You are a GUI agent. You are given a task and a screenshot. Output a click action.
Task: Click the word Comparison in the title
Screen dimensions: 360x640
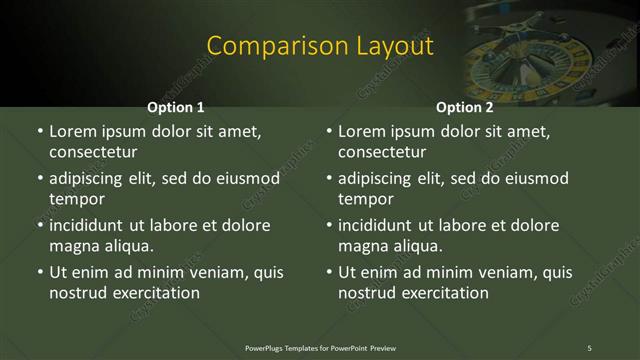point(265,46)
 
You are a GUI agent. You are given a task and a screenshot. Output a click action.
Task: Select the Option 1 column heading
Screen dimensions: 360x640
point(176,108)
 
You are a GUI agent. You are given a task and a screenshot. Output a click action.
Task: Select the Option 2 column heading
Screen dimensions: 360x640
point(465,108)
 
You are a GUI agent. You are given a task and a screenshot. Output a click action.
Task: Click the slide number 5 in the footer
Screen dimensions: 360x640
point(589,348)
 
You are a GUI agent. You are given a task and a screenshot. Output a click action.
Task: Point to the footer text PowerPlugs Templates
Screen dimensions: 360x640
point(289,348)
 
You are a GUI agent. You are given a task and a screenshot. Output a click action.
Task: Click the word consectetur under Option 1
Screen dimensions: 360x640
point(92,153)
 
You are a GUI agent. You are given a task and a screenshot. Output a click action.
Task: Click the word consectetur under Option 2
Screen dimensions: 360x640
point(382,153)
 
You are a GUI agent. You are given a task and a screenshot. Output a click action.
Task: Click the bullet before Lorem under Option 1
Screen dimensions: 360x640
point(40,132)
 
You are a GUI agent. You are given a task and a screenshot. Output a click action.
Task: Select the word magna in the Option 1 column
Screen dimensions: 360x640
point(74,246)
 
